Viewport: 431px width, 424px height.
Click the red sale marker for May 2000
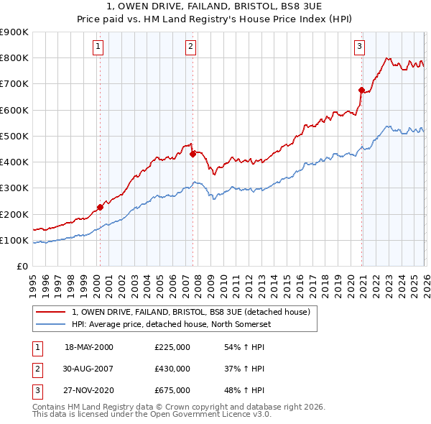100,207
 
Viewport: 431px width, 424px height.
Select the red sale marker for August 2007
193,153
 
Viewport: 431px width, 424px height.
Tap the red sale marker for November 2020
361,90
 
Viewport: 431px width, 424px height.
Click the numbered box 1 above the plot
98,47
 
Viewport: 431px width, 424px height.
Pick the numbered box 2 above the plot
190,47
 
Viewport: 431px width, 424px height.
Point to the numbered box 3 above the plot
359,47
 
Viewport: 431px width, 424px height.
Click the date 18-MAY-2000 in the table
89,347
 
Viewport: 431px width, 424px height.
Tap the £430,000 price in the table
172,369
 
